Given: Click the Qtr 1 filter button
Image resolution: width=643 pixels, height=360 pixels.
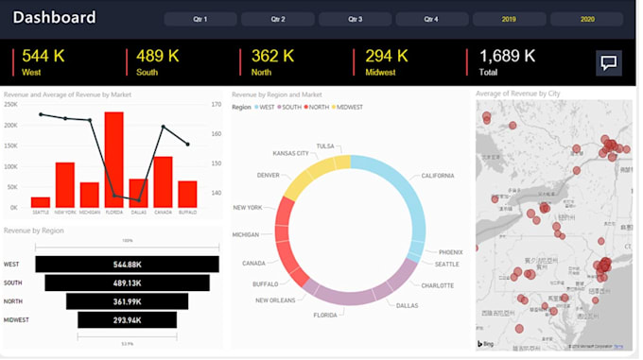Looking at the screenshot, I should (x=200, y=19).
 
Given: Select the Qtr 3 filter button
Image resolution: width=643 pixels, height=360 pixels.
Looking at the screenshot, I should (x=355, y=19).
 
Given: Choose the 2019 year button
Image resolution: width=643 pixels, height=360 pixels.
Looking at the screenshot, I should (x=509, y=19).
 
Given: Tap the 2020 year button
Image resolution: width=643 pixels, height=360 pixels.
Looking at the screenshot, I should (x=586, y=19).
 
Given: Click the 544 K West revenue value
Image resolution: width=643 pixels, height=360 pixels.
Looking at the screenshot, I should (x=43, y=56).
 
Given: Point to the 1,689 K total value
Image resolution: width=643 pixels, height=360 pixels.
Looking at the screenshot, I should (x=507, y=56).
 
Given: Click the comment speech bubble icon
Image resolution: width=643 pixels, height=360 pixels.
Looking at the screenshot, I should (x=609, y=63).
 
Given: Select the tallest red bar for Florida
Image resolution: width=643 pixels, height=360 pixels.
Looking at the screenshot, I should (x=114, y=160).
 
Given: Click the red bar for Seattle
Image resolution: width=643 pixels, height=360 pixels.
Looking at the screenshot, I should (x=41, y=202).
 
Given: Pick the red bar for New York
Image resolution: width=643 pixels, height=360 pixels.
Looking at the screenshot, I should (x=65, y=185).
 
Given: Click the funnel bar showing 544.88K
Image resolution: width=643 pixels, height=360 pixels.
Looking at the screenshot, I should (x=127, y=265).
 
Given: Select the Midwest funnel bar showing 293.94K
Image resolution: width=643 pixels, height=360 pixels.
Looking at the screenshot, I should (x=127, y=320).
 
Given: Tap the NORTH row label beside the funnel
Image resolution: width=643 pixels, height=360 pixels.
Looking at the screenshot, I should (x=12, y=301).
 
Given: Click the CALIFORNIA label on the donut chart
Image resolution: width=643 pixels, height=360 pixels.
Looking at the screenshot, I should (x=437, y=176).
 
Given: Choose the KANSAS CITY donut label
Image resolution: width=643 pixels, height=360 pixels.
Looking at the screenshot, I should (x=290, y=152).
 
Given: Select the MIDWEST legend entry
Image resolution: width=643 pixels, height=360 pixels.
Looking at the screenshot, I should (x=350, y=107).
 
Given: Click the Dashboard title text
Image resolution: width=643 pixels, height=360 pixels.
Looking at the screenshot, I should (x=54, y=17).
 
